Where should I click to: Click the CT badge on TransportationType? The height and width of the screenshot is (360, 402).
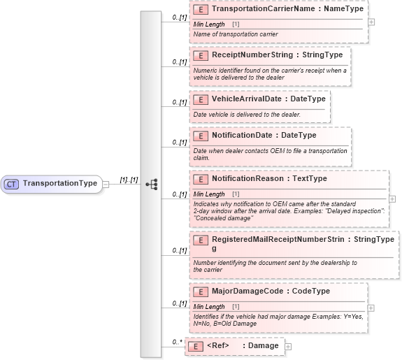pyautogui.click(x=11, y=184)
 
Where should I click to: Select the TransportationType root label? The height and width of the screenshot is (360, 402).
pyautogui.click(x=59, y=184)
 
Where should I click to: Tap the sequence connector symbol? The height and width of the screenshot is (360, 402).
pyautogui.click(x=151, y=184)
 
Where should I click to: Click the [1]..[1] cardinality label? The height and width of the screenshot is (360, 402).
pyautogui.click(x=128, y=180)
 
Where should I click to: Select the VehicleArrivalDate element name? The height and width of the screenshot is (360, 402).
pyautogui.click(x=247, y=99)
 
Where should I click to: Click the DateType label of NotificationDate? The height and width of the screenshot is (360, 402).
pyautogui.click(x=298, y=136)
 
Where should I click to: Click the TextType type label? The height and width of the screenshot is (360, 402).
pyautogui.click(x=310, y=179)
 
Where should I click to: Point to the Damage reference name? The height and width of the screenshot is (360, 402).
pyautogui.click(x=264, y=346)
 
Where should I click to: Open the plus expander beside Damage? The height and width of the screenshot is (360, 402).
pyautogui.click(x=288, y=346)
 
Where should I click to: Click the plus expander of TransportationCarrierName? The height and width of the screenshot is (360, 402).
pyautogui.click(x=371, y=22)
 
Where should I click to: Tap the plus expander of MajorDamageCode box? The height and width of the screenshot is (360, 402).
pyautogui.click(x=371, y=308)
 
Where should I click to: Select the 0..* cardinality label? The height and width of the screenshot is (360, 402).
pyautogui.click(x=178, y=342)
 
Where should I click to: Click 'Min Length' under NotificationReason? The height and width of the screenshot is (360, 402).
pyautogui.click(x=209, y=194)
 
